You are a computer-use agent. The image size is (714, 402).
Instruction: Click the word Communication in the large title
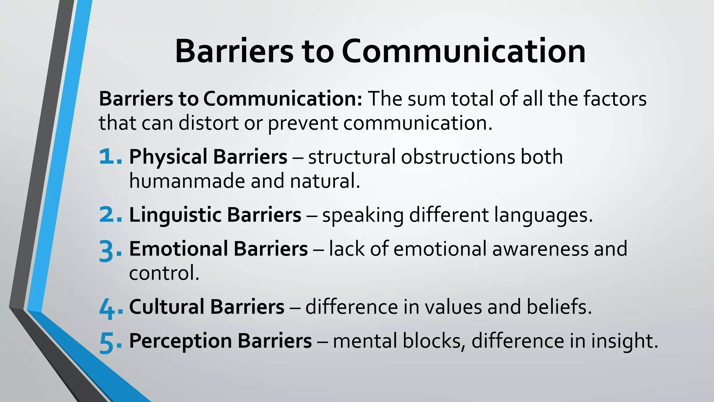(463, 51)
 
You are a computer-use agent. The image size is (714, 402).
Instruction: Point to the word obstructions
(457, 157)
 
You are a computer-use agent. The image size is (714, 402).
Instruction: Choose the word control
(164, 273)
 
